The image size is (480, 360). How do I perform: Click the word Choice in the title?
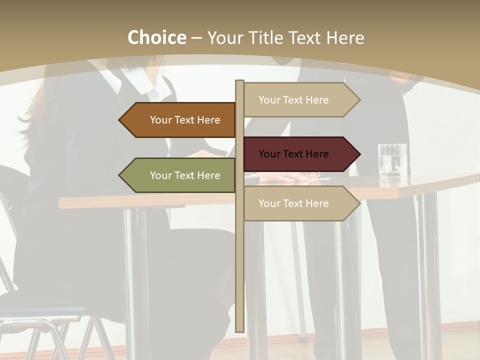click(156, 37)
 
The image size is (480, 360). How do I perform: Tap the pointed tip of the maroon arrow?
click(359, 154)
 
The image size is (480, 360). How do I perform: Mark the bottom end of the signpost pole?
click(239, 330)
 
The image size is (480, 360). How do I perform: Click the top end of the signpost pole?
click(239, 81)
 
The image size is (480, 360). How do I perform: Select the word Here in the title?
click(345, 37)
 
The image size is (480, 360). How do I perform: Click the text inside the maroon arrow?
click(293, 154)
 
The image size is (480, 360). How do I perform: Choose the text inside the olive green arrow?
click(185, 175)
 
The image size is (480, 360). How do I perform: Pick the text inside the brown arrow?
click(185, 120)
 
